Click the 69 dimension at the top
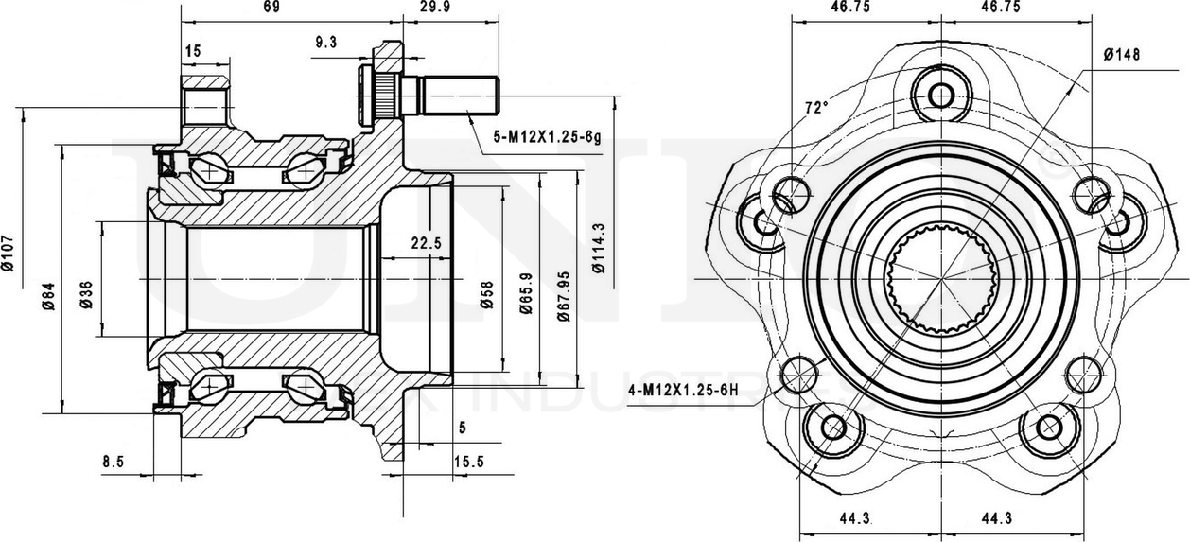[271, 8]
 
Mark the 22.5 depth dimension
[426, 243]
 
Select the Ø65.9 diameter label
[524, 293]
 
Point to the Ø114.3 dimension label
[598, 248]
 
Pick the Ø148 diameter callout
[1121, 54]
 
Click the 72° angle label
[815, 107]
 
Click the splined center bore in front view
[941, 281]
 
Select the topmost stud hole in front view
[941, 95]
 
